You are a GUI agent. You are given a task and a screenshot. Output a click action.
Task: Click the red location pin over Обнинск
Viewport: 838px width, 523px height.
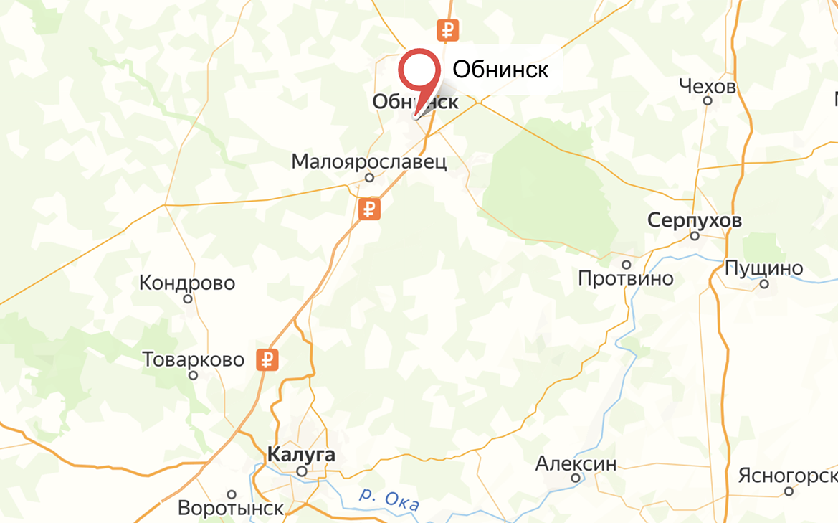click(419, 72)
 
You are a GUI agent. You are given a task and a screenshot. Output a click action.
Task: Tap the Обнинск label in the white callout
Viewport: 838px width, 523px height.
click(500, 70)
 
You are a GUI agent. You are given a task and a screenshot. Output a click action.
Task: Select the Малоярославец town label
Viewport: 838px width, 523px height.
click(368, 161)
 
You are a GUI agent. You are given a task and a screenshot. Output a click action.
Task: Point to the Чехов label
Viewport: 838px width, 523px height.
click(707, 87)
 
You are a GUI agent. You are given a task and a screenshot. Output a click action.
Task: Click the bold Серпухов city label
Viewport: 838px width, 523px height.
click(694, 220)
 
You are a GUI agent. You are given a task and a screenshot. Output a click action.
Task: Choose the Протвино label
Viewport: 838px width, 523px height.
click(626, 278)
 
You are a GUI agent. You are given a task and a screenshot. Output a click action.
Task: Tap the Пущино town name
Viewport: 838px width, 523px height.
click(763, 269)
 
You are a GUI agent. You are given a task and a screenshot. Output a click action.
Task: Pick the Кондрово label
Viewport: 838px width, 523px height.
click(187, 283)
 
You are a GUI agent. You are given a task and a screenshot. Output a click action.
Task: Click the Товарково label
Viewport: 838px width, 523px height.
click(194, 359)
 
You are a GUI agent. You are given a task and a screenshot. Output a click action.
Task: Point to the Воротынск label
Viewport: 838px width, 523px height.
click(231, 509)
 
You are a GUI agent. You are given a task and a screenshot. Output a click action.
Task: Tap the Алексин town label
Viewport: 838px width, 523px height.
click(576, 463)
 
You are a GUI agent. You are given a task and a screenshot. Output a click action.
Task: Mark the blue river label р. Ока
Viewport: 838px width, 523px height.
click(389, 500)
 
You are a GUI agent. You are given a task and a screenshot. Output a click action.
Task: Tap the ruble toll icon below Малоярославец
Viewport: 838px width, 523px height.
click(370, 209)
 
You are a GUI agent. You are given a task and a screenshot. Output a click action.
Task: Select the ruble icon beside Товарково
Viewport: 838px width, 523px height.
click(267, 360)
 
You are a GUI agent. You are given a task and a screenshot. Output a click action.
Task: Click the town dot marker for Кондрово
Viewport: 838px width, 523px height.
click(188, 299)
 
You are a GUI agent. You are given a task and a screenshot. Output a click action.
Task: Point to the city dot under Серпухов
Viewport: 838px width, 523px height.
click(694, 235)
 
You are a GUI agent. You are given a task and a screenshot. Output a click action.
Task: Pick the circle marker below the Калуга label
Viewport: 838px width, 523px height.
click(302, 471)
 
